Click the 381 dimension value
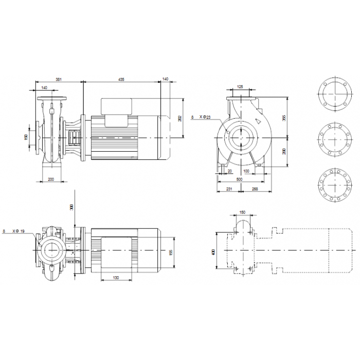click(59, 79)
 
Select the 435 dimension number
click(121, 79)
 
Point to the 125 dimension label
click(240, 87)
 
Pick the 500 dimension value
click(239, 179)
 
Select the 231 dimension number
click(229, 188)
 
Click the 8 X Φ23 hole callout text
click(201, 118)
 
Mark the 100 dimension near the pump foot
click(247, 171)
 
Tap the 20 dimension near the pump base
click(229, 171)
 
